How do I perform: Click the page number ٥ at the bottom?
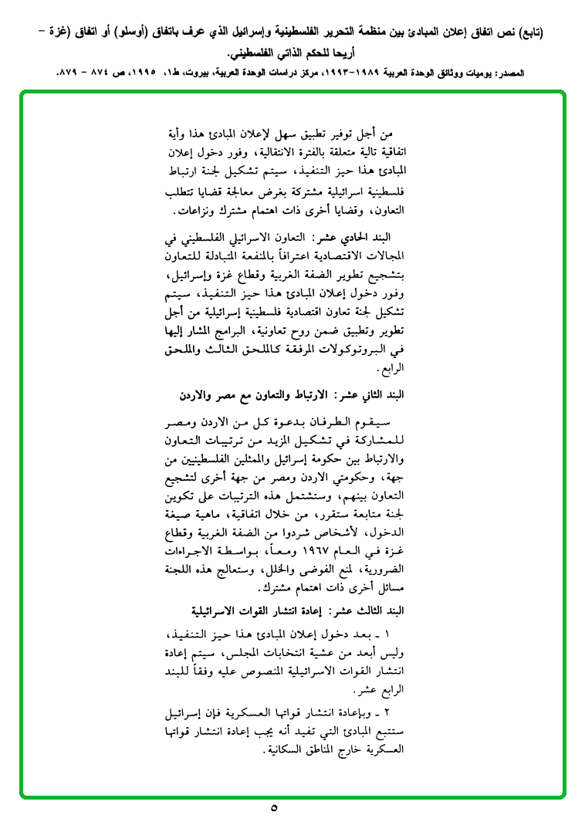[275, 809]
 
